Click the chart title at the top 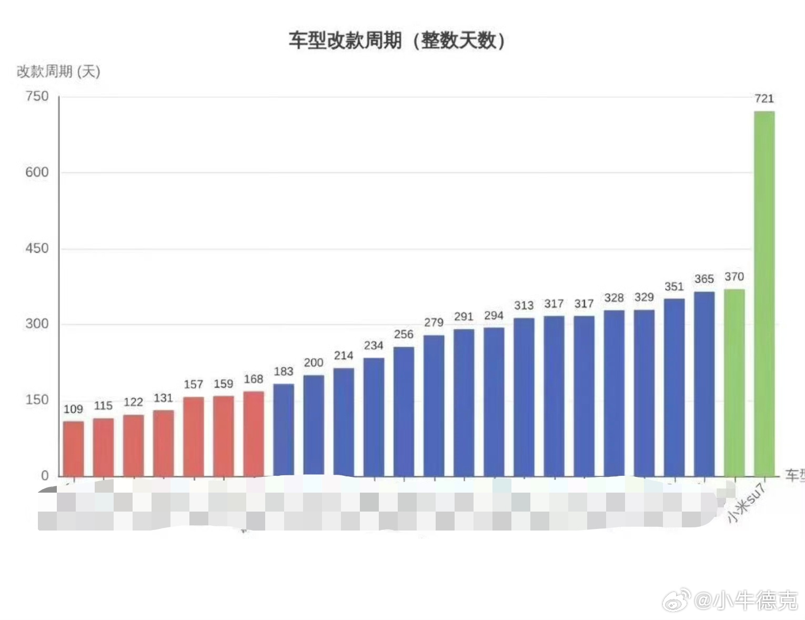[x=396, y=41]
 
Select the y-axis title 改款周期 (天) [x=58, y=72]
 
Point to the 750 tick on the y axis [x=37, y=96]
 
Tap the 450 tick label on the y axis [x=37, y=248]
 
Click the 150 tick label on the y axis [x=37, y=399]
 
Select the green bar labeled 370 [x=734, y=383]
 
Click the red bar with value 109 [x=73, y=448]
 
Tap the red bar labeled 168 [x=254, y=434]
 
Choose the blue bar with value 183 [x=284, y=430]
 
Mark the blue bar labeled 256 [x=404, y=412]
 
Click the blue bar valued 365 [x=704, y=384]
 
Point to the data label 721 [x=764, y=98]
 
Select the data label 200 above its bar [x=314, y=363]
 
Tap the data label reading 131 [x=163, y=398]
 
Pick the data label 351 [x=674, y=287]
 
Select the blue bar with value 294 [x=494, y=402]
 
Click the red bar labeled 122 [x=133, y=445]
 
